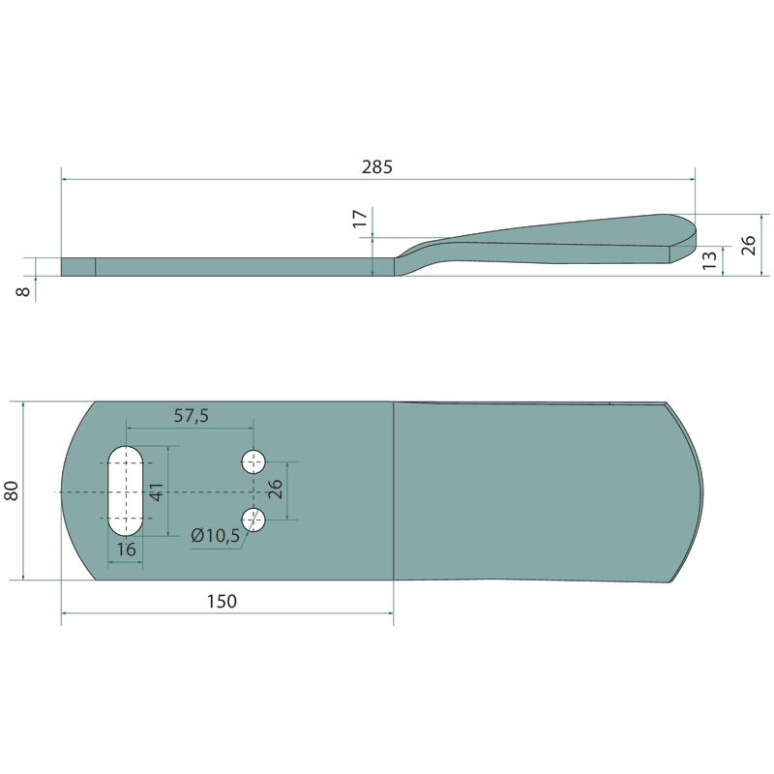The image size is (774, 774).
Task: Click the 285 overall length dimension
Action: pyautogui.click(x=377, y=167)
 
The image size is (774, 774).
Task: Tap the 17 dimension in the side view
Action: pyautogui.click(x=360, y=219)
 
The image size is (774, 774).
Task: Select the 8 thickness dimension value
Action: pyautogui.click(x=23, y=292)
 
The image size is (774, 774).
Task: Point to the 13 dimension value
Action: pyautogui.click(x=709, y=260)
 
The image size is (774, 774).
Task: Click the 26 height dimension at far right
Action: pyautogui.click(x=748, y=246)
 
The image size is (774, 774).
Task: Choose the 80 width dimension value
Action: pyautogui.click(x=12, y=491)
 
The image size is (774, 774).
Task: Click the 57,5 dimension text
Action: pyautogui.click(x=191, y=416)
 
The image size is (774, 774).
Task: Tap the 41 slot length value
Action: pyautogui.click(x=157, y=492)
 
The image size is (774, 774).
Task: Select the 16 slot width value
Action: pyautogui.click(x=126, y=550)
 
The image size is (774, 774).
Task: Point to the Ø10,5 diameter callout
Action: pyautogui.click(x=215, y=535)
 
